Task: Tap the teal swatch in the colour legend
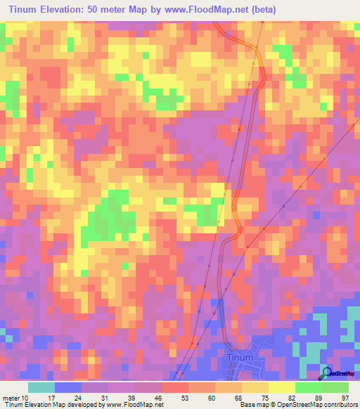click(41, 387)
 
